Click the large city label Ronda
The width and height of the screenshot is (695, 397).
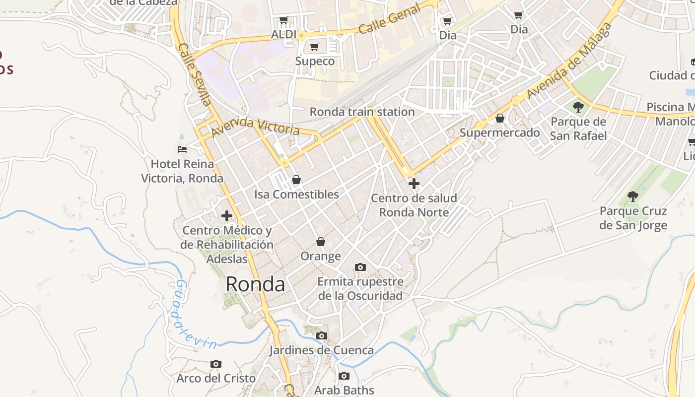coord(255,284)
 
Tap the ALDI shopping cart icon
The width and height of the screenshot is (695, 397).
coord(283,20)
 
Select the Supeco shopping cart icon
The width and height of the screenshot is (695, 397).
coord(314,47)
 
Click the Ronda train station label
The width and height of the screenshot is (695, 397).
coord(362,112)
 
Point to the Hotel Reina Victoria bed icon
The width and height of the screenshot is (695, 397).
coord(182,149)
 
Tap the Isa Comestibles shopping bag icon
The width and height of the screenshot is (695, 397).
coord(296,180)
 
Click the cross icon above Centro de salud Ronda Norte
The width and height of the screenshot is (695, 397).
coord(414,184)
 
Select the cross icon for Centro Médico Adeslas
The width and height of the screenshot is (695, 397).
coord(227,216)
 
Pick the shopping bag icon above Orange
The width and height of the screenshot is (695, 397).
coord(321,242)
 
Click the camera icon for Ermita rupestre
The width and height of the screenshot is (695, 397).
coord(360,267)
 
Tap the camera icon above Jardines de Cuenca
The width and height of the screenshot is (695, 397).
coord(322,336)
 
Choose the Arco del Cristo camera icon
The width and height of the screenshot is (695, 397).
coord(215,364)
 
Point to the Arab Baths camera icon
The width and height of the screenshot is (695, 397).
coord(344,376)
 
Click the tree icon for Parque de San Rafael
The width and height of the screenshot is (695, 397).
coord(578,107)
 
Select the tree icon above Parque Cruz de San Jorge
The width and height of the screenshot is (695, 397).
coord(632,197)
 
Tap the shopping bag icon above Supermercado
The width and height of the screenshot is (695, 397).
coord(500,118)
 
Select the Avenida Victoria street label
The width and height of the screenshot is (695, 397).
coord(255,127)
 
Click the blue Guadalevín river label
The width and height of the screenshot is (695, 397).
coord(196,315)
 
